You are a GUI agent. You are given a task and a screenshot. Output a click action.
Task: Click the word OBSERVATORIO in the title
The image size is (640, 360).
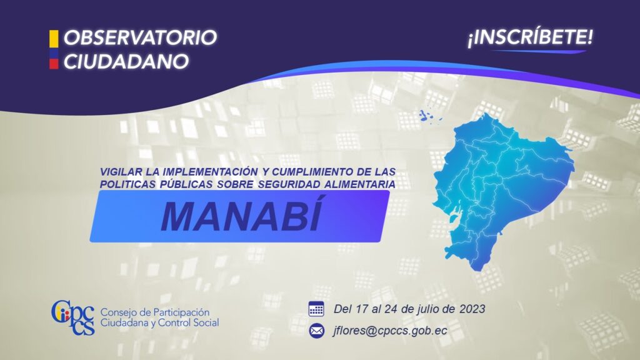[x=140, y=37]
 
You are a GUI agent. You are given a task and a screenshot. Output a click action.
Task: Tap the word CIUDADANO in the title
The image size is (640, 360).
[x=126, y=62]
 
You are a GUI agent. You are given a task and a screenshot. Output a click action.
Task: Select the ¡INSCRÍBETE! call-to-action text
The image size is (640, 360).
[x=530, y=37]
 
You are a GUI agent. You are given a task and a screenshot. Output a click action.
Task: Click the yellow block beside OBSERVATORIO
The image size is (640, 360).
[x=54, y=39]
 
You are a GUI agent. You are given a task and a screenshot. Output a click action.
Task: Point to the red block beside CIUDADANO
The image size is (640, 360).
[x=54, y=64]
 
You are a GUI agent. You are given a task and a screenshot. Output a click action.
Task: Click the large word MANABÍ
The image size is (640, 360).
[x=242, y=215]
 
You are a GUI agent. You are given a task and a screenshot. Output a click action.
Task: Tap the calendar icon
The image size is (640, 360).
[x=316, y=309]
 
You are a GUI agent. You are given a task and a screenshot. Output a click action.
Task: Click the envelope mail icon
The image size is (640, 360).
[x=316, y=331]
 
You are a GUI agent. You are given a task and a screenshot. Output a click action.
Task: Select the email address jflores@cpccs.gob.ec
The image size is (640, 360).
[x=390, y=331]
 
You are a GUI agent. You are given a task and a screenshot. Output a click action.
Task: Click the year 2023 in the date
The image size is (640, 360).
[x=472, y=309]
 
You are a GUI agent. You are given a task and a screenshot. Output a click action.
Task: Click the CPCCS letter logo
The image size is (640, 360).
[x=73, y=317]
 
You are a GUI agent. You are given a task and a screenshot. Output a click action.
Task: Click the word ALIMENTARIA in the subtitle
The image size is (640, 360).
[x=359, y=184]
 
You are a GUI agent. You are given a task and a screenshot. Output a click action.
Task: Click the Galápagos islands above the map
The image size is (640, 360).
[x=429, y=116]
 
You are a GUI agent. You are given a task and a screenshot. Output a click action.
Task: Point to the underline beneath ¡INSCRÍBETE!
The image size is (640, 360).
[x=539, y=51]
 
